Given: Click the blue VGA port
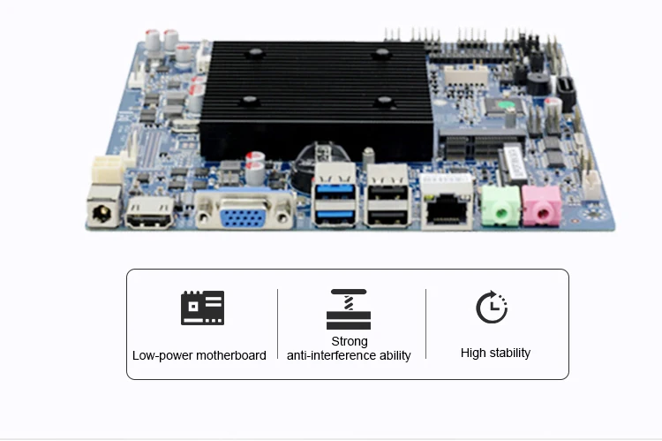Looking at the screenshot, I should click(x=244, y=212).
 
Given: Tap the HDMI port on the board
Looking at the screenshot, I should click(x=150, y=214).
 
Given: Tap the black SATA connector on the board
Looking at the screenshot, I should click(x=566, y=92).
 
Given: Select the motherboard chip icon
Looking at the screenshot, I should click(x=202, y=308).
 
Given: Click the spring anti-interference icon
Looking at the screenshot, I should click(x=349, y=308).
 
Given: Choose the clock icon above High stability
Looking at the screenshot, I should click(x=492, y=307).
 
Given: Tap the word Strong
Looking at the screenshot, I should click(x=350, y=341).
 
